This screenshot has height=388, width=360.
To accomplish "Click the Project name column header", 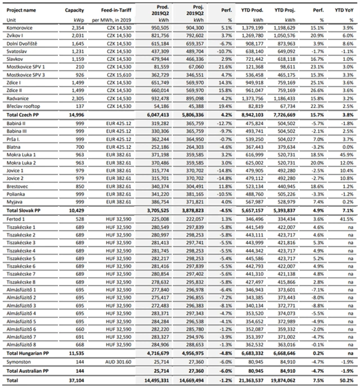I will click(22, 10).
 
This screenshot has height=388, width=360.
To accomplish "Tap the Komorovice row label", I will click(20, 27).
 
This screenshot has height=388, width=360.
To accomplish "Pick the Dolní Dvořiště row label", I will click(24, 43).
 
